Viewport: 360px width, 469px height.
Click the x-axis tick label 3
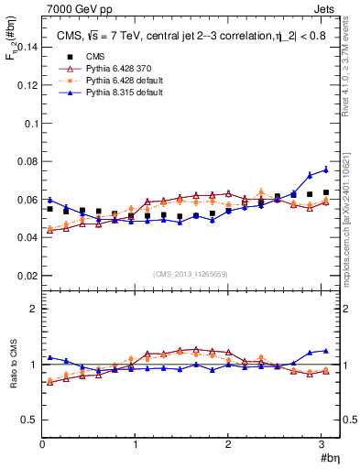[322, 444]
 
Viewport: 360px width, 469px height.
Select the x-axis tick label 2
[228, 444]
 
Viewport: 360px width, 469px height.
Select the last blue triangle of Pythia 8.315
[325, 143]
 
